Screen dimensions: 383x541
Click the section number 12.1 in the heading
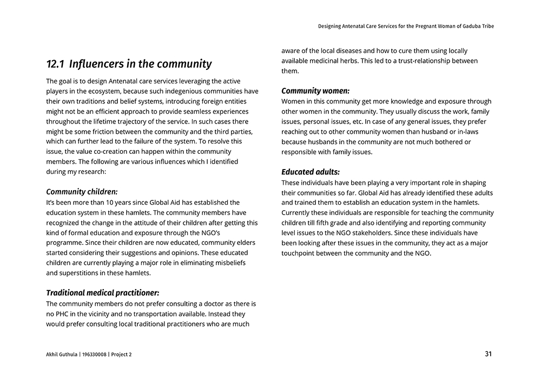coord(55,64)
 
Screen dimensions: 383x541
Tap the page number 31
coord(488,354)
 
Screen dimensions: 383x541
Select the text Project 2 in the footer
coord(121,355)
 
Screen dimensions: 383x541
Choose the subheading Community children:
coord(82,192)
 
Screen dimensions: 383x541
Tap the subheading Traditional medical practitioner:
coord(102,293)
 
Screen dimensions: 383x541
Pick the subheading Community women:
coord(315,91)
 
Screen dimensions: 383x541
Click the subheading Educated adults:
coord(311,172)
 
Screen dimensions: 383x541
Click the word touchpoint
coord(300,253)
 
